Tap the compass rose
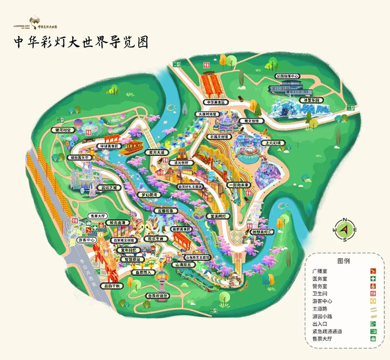point(344,229)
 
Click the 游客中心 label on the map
point(88,241)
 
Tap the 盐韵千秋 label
point(110,286)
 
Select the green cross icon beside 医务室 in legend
point(373,279)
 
